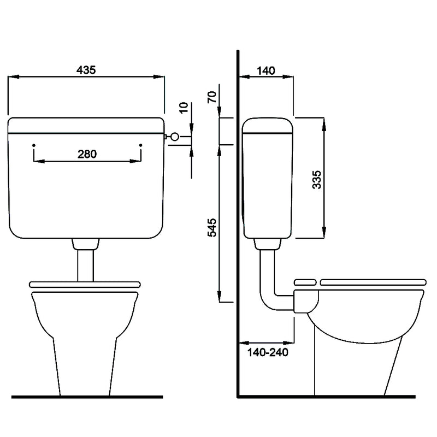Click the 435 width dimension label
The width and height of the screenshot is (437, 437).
[86, 70]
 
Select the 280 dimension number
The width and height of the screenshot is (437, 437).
[87, 154]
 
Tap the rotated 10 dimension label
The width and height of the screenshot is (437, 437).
[184, 108]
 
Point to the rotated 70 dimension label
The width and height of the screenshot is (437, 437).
[212, 97]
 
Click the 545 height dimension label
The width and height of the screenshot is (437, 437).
[212, 228]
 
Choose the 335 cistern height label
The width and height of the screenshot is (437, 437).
[317, 180]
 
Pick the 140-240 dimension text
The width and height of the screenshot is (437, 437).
[268, 352]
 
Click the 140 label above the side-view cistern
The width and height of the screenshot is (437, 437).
[266, 71]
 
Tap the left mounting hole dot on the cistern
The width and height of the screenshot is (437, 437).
[34, 145]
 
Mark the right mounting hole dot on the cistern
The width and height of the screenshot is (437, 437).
[141, 145]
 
